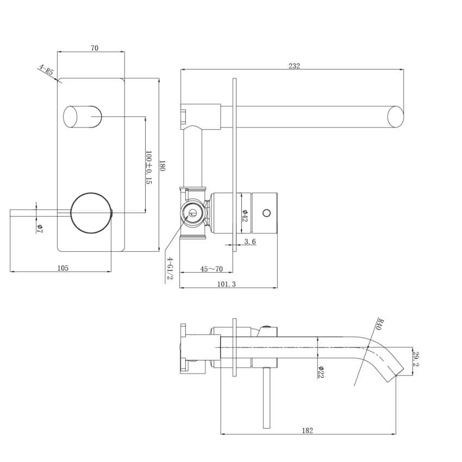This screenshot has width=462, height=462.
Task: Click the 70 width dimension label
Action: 95,48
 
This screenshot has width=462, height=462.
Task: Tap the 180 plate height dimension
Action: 162,166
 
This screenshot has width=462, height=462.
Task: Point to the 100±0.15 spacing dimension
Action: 148,167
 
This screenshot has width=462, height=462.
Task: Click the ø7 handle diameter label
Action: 40,229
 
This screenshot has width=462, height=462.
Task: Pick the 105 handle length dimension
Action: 63,267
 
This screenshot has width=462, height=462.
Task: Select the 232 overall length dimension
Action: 294,66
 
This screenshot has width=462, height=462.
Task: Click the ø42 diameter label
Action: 245,215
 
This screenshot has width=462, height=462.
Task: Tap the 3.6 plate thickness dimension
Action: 250,242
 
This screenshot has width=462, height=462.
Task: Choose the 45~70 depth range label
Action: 211,269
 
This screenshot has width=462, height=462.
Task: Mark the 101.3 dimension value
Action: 226,284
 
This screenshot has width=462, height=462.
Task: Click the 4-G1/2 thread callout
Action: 170,269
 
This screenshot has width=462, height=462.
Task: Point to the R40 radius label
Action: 380,325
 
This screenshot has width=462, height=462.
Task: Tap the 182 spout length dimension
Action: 307,430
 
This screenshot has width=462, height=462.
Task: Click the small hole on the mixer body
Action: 266,212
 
